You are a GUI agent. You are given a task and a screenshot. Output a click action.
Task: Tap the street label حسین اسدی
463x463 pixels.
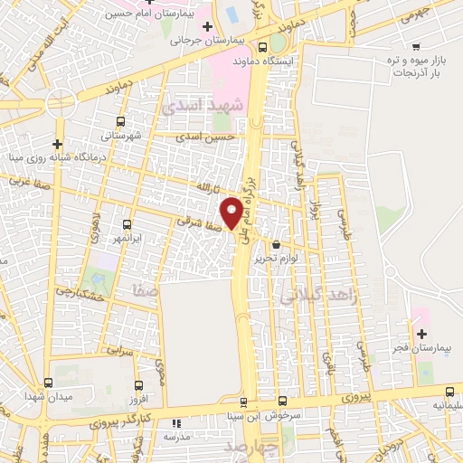point(206,137)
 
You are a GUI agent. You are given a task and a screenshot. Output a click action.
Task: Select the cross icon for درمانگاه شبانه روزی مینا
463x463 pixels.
point(57,143)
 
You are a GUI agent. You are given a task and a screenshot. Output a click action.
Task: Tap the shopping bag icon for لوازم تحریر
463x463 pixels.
point(276,244)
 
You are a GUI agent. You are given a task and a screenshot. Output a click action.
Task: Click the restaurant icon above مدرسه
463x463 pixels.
point(176,422)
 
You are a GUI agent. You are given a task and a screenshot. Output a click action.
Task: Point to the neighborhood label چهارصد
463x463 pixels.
point(280,449)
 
